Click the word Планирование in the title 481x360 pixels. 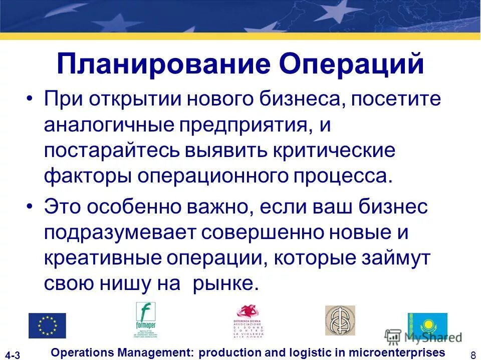pos(163,65)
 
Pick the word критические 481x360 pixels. pos(335,151)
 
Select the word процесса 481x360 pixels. pos(341,177)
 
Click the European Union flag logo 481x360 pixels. pos(47,326)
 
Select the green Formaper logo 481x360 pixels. pos(146,320)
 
